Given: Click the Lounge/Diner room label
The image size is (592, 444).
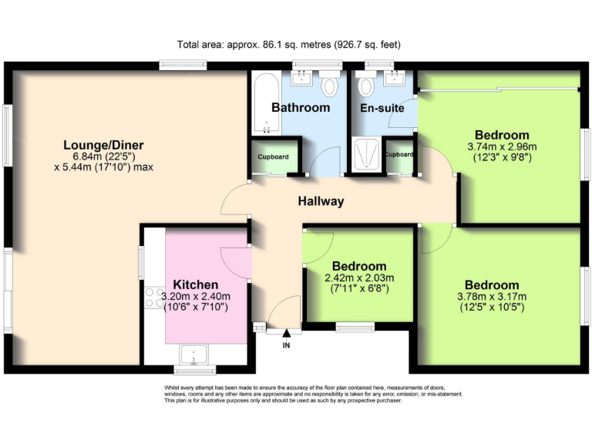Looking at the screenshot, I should [x=103, y=145].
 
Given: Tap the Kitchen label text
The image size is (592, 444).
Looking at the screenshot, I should [x=195, y=284].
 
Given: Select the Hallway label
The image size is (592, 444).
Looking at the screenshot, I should [x=321, y=202].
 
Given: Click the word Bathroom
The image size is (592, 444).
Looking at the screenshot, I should [x=301, y=108].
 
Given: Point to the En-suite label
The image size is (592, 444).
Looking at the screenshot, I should [x=382, y=108].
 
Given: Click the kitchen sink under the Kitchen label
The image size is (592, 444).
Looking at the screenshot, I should [x=190, y=355].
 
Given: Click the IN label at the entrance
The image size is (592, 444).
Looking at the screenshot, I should [x=288, y=345].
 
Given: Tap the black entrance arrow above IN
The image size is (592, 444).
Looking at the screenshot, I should [x=288, y=333].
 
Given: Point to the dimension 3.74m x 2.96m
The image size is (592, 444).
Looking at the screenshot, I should [x=502, y=146].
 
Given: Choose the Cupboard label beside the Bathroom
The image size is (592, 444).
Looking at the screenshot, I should [x=273, y=157].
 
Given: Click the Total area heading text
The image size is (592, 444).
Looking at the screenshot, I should [x=289, y=45].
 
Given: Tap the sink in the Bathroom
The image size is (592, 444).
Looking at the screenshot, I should [x=301, y=78].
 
